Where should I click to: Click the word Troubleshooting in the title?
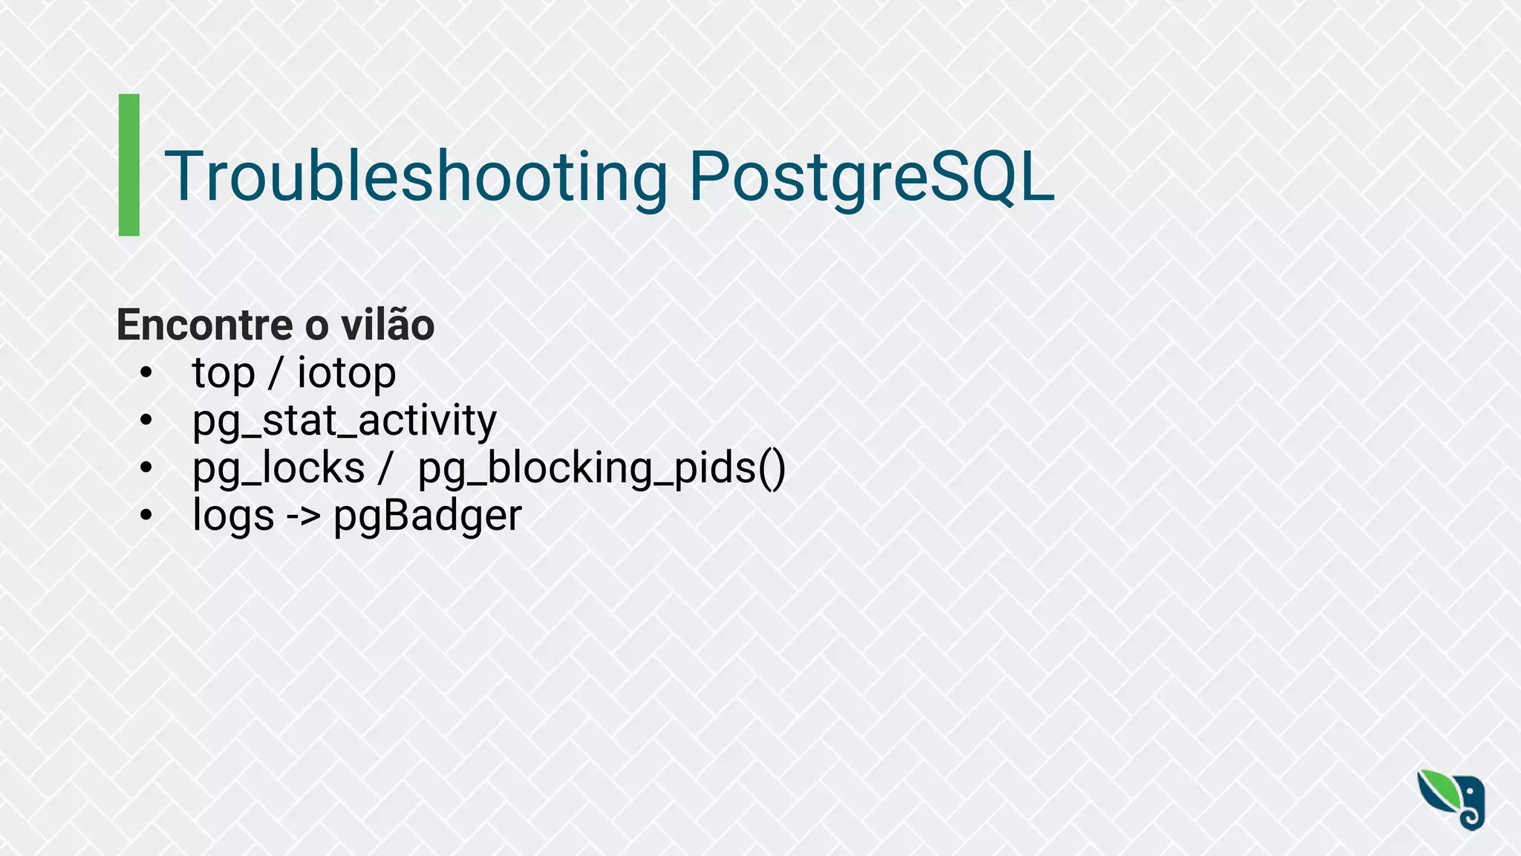(x=416, y=178)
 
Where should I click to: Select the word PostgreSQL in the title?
(x=871, y=178)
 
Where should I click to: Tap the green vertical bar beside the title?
(x=129, y=165)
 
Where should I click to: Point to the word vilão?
(x=387, y=325)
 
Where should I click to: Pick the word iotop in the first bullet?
(x=346, y=373)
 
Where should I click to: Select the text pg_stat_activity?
(x=344, y=421)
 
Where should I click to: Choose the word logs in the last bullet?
(x=233, y=516)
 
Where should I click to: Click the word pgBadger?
(x=428, y=516)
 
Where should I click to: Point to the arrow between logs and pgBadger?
(x=303, y=516)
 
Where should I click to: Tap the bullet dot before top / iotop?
(x=146, y=373)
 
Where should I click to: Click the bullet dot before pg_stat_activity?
(x=146, y=421)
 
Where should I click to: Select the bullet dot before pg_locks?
(x=146, y=468)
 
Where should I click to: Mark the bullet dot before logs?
(x=146, y=515)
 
